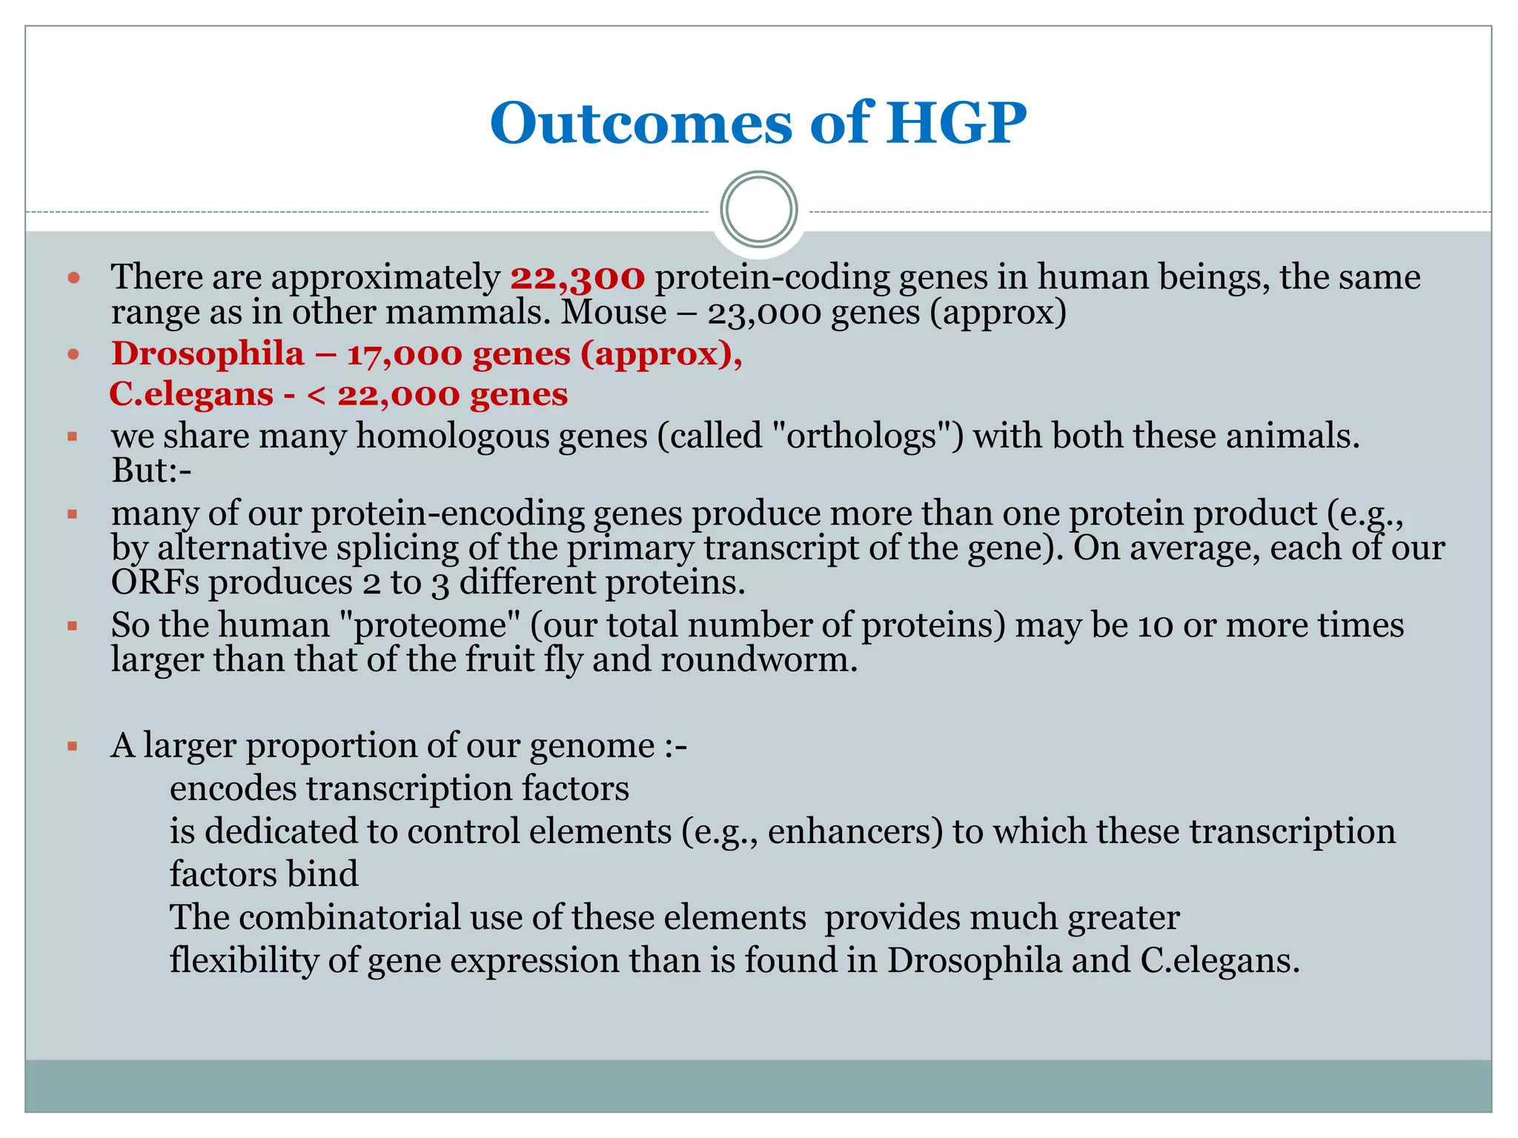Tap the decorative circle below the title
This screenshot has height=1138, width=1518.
[758, 210]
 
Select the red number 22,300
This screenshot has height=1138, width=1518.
[577, 277]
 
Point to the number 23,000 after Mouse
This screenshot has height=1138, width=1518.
[764, 313]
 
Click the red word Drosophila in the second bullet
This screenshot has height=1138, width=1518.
[208, 353]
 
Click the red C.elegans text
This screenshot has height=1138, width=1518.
[191, 394]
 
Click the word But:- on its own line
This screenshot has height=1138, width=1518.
[151, 470]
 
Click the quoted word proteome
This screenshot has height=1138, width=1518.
[429, 625]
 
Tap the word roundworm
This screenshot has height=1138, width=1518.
[758, 659]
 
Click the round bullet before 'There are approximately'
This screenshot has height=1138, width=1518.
[73, 279]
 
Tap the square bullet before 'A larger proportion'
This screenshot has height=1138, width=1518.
[73, 746]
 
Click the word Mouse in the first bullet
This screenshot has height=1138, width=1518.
[614, 313]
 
